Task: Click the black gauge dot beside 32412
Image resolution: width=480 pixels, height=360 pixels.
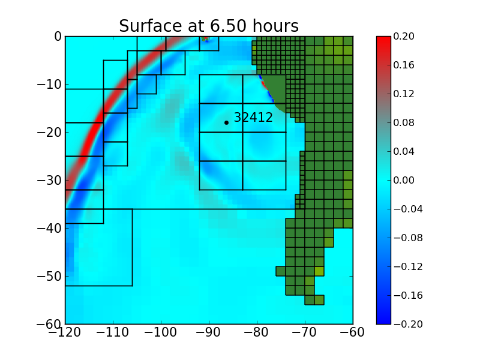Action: (x=226, y=122)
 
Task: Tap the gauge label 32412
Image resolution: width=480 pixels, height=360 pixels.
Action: (x=253, y=118)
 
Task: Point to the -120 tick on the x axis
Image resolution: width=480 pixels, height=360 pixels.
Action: (x=65, y=332)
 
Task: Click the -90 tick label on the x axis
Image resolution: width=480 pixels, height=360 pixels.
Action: (x=209, y=332)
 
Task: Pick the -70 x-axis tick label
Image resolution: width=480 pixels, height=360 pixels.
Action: (x=305, y=332)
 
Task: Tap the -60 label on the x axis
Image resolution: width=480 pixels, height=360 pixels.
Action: (x=353, y=332)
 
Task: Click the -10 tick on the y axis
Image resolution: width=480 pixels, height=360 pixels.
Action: (x=49, y=84)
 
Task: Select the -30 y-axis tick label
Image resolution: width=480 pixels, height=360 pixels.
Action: (x=49, y=180)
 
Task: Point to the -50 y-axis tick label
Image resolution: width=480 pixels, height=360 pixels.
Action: (x=49, y=276)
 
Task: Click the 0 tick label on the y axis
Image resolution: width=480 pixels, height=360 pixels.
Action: (x=58, y=36)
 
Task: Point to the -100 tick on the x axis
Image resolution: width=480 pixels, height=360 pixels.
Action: (x=161, y=332)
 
